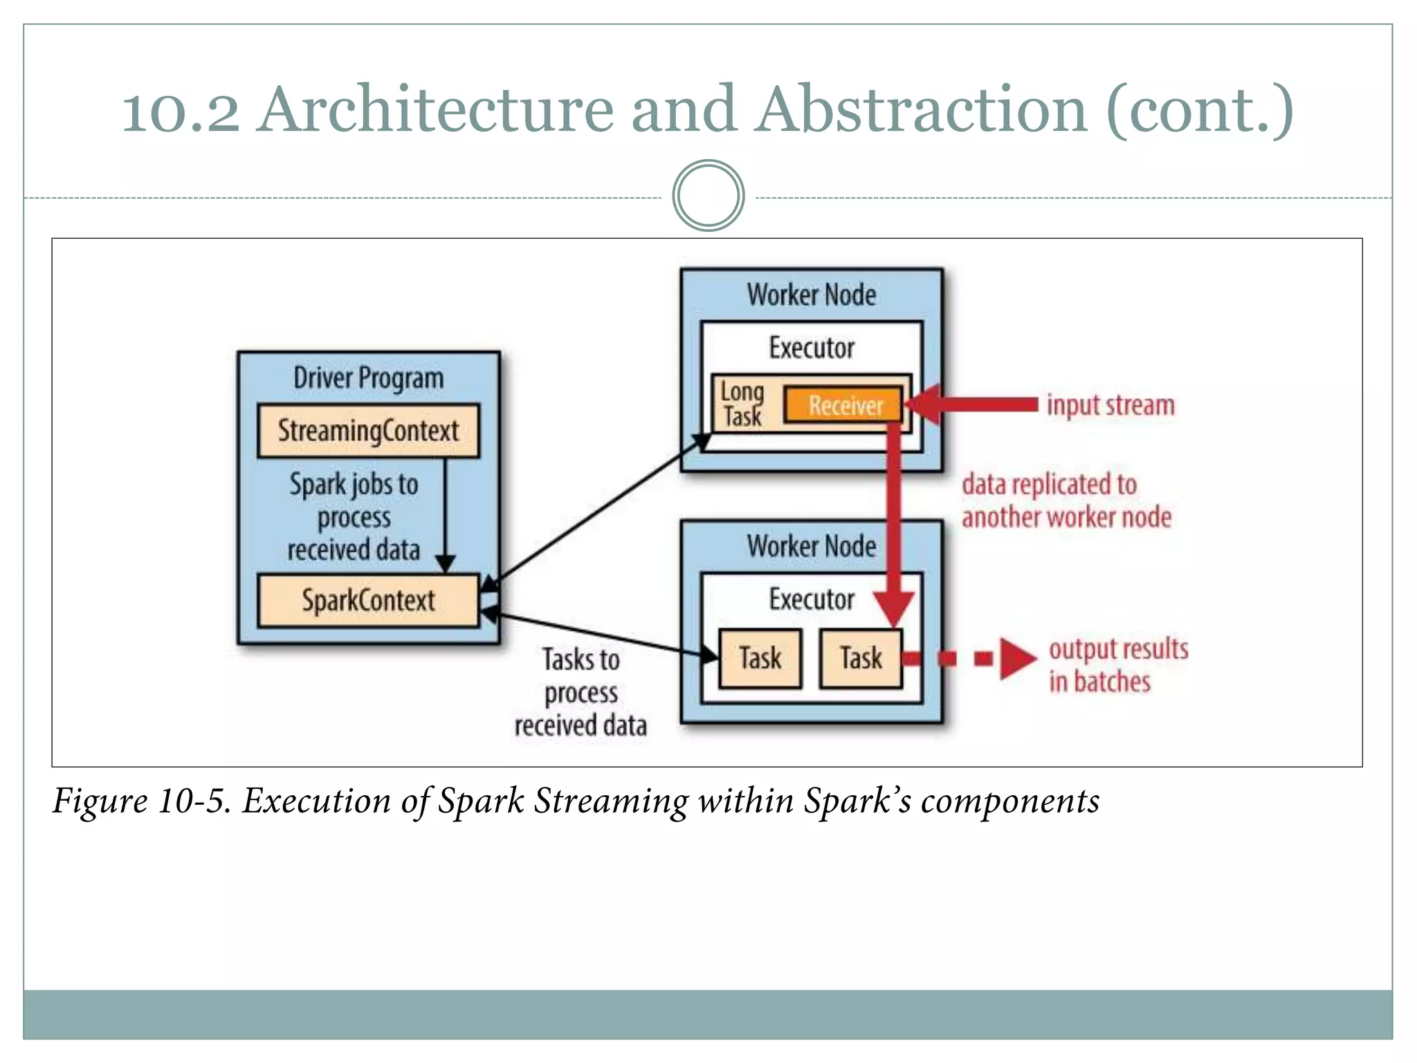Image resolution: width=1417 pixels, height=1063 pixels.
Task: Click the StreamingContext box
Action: click(x=368, y=430)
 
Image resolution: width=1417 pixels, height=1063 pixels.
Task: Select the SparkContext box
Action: click(x=368, y=600)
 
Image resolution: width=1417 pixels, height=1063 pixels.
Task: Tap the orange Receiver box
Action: click(x=844, y=405)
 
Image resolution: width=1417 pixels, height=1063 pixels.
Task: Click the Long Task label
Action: click(x=742, y=404)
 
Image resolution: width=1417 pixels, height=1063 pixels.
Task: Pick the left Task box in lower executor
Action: click(x=760, y=658)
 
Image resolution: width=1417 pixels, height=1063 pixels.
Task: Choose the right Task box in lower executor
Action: click(x=861, y=658)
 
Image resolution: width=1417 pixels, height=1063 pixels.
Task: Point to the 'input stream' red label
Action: click(x=1110, y=405)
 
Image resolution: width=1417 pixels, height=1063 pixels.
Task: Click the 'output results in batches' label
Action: click(x=1117, y=665)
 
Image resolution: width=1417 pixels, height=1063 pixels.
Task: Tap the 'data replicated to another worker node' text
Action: click(x=1066, y=500)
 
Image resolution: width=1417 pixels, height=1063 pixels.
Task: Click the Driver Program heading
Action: click(x=368, y=379)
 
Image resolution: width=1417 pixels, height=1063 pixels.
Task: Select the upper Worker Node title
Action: click(x=811, y=296)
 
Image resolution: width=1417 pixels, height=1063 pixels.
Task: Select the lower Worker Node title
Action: click(x=811, y=547)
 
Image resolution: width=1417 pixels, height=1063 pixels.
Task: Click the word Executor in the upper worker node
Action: click(x=811, y=347)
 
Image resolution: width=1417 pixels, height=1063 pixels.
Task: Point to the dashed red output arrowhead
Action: click(x=1017, y=658)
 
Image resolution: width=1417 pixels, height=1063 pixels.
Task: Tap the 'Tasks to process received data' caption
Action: click(x=580, y=692)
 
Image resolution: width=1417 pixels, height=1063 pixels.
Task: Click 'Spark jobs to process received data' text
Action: click(x=354, y=517)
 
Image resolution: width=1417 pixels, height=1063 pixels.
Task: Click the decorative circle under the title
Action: click(x=708, y=196)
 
